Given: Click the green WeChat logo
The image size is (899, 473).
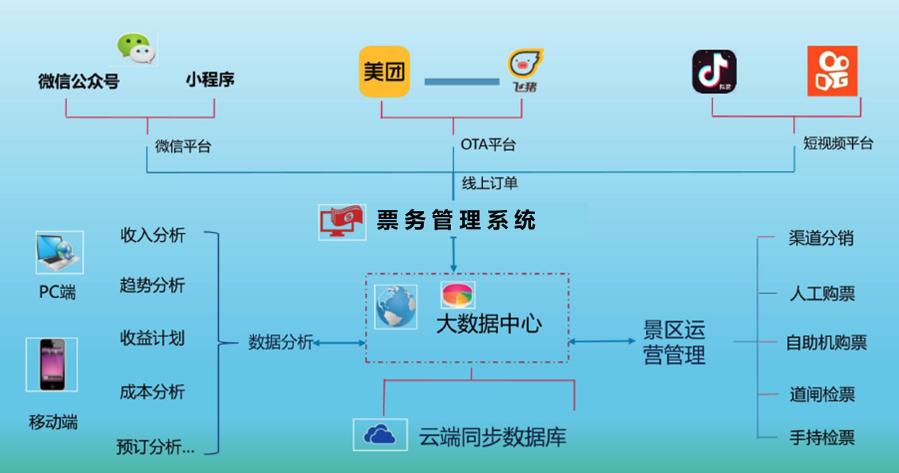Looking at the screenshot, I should (136, 48).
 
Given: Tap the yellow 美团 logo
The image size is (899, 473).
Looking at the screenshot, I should (385, 72).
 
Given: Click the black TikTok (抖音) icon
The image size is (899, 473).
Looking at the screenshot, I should (714, 72).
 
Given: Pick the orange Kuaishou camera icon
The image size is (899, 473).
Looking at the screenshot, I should (832, 71).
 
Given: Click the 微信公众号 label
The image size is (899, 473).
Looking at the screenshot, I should (79, 82).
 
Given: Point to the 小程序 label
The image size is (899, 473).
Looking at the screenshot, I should (210, 80).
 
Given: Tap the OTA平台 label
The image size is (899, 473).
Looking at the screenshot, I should (488, 145).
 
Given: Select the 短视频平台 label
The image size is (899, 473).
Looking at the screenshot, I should (838, 144).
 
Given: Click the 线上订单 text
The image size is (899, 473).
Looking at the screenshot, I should (490, 183).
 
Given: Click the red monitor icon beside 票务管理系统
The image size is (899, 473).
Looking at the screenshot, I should (342, 222).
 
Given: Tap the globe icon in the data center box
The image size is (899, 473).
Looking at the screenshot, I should (395, 307).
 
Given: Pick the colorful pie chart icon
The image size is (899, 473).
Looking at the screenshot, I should (457, 295).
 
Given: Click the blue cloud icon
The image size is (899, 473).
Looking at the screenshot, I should (380, 435).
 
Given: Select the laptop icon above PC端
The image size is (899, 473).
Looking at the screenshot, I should (59, 252).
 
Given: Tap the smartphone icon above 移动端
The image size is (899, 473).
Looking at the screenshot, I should (52, 365).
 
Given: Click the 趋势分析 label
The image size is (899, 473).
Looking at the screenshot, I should (152, 286).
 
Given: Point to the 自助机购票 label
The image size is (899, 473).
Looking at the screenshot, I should (826, 343).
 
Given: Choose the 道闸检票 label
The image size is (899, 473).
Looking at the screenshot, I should (822, 395).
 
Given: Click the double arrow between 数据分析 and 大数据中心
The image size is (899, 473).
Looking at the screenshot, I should (340, 342).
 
